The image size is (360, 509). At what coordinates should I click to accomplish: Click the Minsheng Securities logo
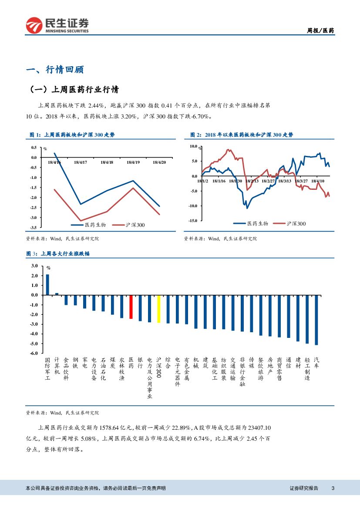tap(57, 25)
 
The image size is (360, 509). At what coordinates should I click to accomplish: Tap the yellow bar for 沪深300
tap(158, 309)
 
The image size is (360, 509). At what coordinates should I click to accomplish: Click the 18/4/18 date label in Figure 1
tap(107, 162)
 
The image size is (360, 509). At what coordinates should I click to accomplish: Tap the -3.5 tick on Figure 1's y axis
tap(34, 227)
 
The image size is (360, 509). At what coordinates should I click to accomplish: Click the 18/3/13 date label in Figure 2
tap(285, 181)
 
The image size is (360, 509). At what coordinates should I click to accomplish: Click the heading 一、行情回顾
tap(55, 70)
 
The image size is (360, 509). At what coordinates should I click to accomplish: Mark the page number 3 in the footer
tap(333, 488)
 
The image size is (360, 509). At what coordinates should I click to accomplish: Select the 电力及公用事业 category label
tap(149, 378)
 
